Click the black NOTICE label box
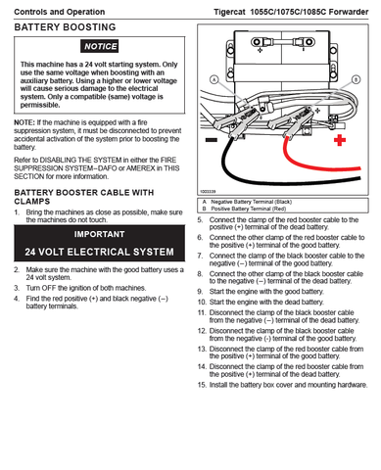pos(100,46)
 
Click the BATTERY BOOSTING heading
pos(65,27)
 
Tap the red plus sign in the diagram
pos(340,140)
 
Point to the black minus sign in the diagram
pos(212,140)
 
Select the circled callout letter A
pos(214,79)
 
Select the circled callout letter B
pos(356,79)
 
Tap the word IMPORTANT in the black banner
pos(99,234)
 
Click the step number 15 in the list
pos(202,385)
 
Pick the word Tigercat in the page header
pos(229,12)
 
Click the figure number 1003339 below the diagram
pos(208,192)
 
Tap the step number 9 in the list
pos(200,292)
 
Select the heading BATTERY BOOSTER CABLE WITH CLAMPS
pos(84,197)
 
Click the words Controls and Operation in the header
pos(60,12)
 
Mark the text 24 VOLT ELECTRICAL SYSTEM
pos(99,252)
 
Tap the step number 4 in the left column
pos(17,299)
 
